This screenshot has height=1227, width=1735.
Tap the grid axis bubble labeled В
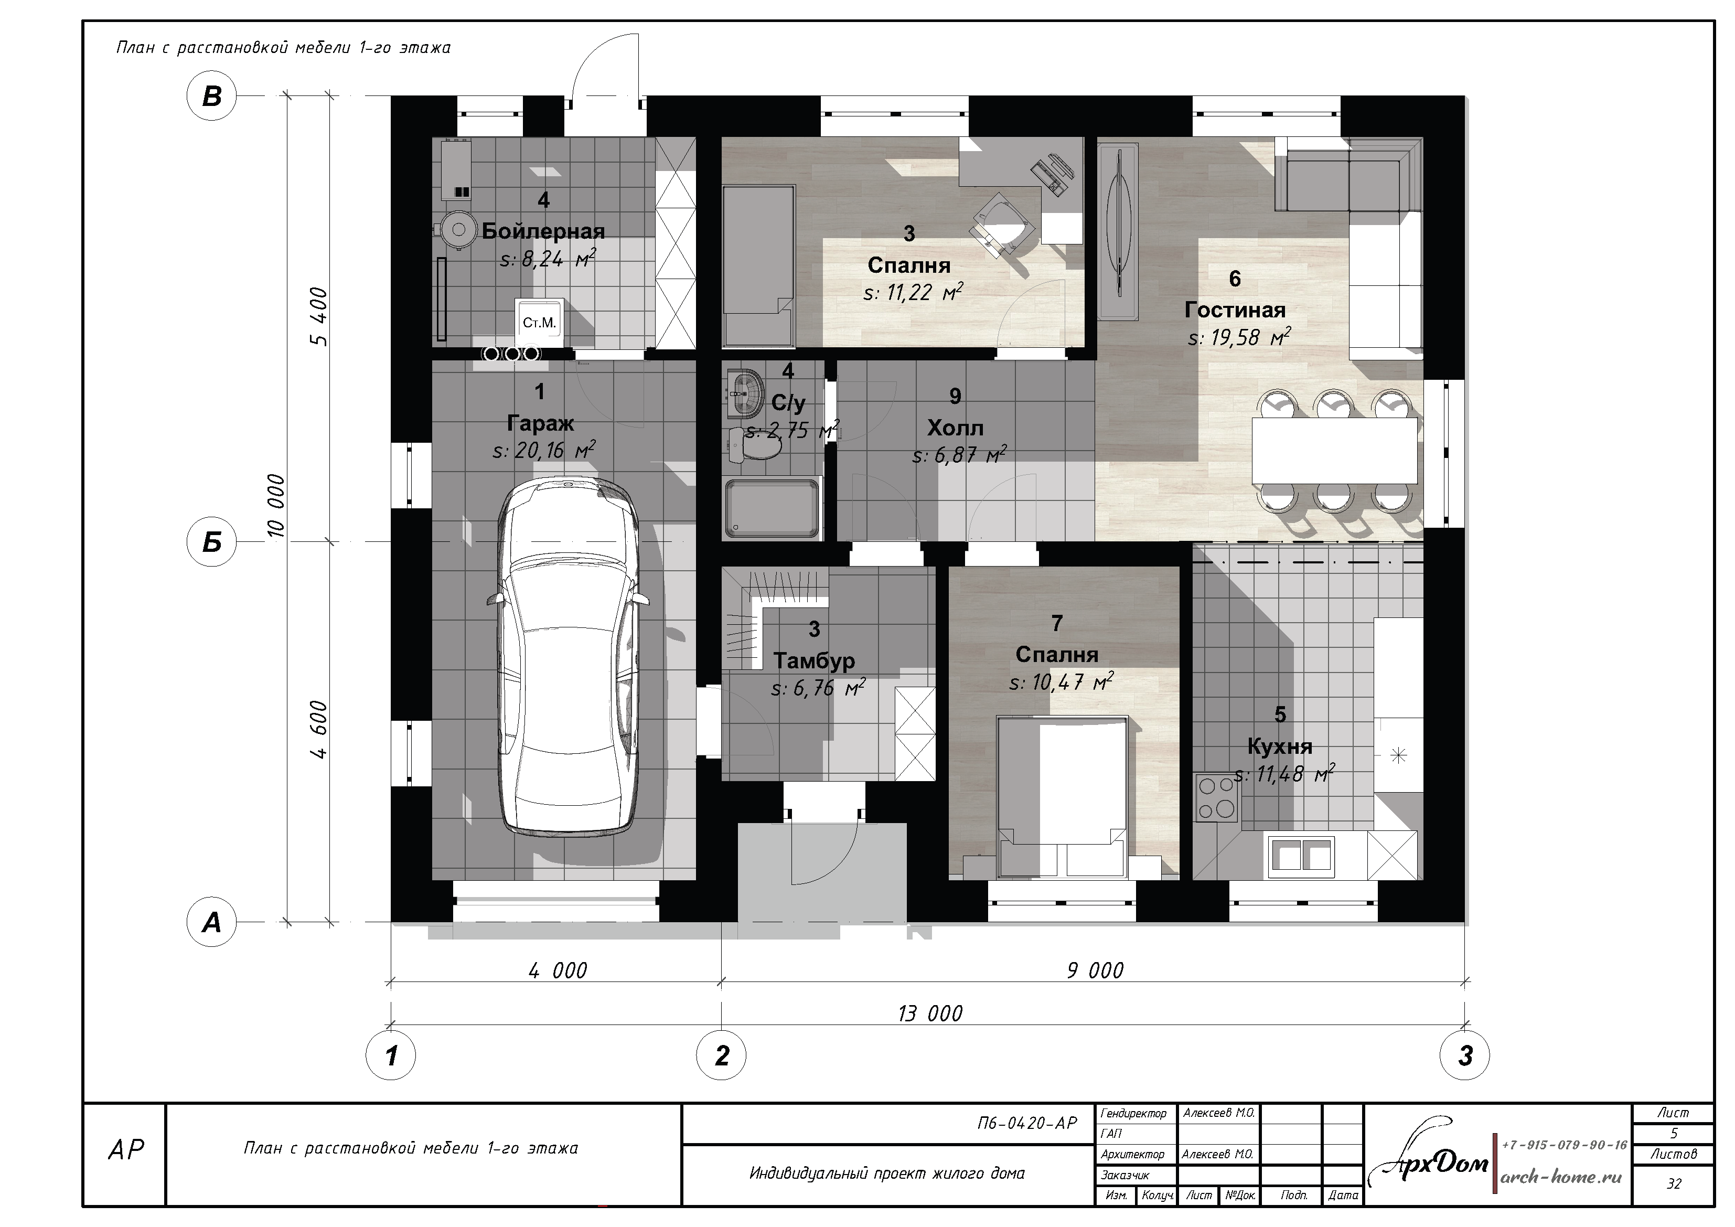point(211,97)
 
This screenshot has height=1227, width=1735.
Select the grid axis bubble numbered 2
point(722,1056)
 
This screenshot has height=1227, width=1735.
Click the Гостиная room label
point(1235,310)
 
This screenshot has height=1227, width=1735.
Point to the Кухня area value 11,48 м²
point(1284,774)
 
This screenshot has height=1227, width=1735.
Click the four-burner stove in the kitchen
point(1217,797)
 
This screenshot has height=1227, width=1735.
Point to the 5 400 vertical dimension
point(319,317)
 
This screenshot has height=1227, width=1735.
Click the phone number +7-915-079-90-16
point(1564,1145)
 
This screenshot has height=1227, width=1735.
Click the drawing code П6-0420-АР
point(1027,1124)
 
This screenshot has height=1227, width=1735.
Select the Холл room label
point(955,429)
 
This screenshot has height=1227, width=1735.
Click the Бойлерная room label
point(543,231)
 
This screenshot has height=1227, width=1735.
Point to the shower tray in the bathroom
point(772,507)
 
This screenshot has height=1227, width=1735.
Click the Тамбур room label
point(815,661)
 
